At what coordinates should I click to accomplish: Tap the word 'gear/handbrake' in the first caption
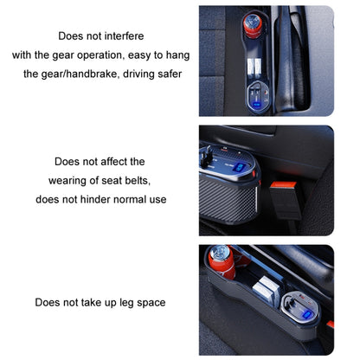click(94, 74)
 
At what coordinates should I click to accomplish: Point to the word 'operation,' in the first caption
click(108, 55)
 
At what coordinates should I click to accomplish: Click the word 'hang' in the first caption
click(176, 55)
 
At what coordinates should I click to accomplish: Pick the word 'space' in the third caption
click(149, 303)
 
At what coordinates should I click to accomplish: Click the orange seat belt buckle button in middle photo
click(279, 186)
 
